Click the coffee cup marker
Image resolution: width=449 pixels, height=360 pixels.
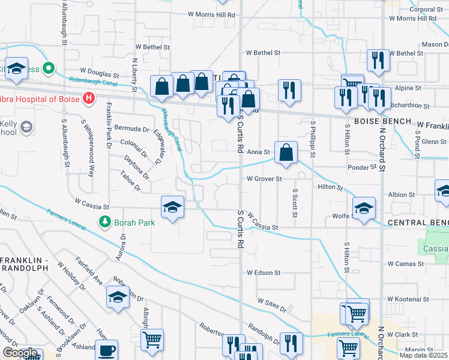(x=107, y=350)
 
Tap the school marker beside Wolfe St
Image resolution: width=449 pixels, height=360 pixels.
(x=364, y=209)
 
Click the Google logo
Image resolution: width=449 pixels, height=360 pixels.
(x=19, y=353)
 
